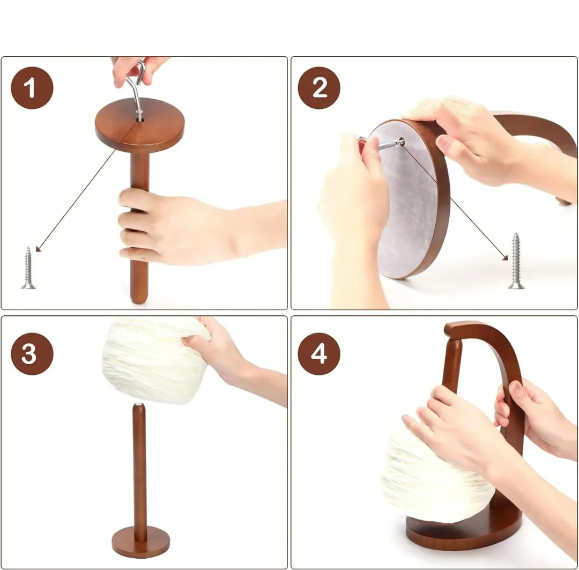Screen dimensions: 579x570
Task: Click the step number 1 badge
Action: pyautogui.click(x=32, y=88)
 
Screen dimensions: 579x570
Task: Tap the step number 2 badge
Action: pyautogui.click(x=319, y=88)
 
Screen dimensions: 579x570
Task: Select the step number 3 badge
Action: pyautogui.click(x=32, y=354)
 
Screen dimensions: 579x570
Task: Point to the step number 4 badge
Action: pyautogui.click(x=319, y=354)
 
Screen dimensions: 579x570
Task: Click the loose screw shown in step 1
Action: pyautogui.click(x=28, y=268)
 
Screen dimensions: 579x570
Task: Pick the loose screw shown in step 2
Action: pyautogui.click(x=516, y=261)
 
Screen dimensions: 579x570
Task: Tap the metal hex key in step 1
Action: pyautogui.click(x=136, y=88)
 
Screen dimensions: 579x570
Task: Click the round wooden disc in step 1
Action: pyautogui.click(x=139, y=125)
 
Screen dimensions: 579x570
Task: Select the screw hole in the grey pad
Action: pyautogui.click(x=402, y=141)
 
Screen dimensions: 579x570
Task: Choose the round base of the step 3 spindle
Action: pyautogui.click(x=140, y=543)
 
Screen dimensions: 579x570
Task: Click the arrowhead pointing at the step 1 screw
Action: pyautogui.click(x=39, y=248)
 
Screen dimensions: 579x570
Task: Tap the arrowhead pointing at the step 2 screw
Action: pyautogui.click(x=505, y=257)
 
